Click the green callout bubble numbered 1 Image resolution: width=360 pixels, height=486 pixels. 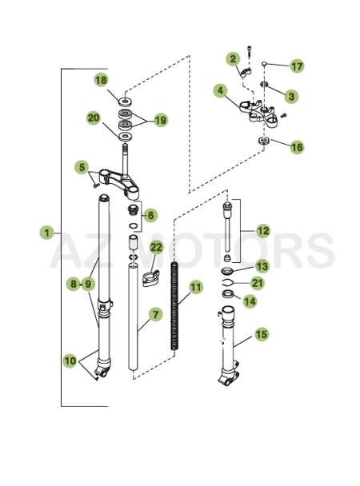tap(47, 233)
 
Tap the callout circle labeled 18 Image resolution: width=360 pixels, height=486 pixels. tap(101, 80)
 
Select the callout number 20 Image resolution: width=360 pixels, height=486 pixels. tap(94, 118)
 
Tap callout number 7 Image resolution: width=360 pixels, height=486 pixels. tap(157, 315)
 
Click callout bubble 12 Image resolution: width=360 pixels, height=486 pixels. tap(263, 231)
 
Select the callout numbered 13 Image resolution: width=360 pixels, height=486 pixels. tap(262, 267)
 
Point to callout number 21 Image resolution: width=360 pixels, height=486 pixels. tap(257, 283)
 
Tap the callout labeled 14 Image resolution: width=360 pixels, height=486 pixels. tap(250, 301)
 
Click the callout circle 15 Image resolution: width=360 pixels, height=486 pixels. tap(262, 335)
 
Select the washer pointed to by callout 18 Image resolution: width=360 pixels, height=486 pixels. tap(126, 102)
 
